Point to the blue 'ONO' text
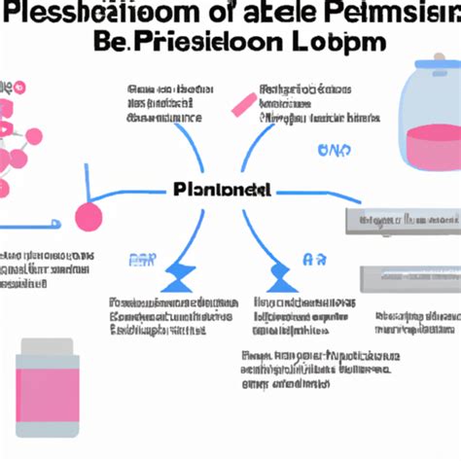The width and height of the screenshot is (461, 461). (x=333, y=151)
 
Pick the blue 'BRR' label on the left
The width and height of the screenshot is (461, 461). (x=144, y=260)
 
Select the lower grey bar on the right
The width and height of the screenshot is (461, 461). (x=408, y=277)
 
